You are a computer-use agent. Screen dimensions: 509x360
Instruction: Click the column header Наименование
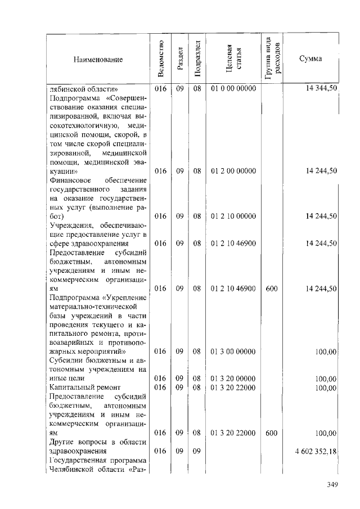97,59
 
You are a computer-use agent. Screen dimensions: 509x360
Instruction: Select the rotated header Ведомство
161,58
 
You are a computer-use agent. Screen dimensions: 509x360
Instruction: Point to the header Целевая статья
233,58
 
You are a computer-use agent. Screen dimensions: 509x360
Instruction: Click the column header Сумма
310,59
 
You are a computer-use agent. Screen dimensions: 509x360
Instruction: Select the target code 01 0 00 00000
233,89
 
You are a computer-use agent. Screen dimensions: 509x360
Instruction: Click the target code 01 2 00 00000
233,171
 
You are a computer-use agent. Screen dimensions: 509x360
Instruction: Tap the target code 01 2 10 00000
233,216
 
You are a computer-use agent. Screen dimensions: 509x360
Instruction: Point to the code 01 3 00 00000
233,351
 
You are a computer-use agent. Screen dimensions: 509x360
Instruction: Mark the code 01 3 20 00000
233,379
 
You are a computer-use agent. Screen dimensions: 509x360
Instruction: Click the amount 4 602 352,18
315,451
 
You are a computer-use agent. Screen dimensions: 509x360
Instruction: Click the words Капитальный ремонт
81,388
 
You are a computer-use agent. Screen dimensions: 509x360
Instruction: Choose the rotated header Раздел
179,58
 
